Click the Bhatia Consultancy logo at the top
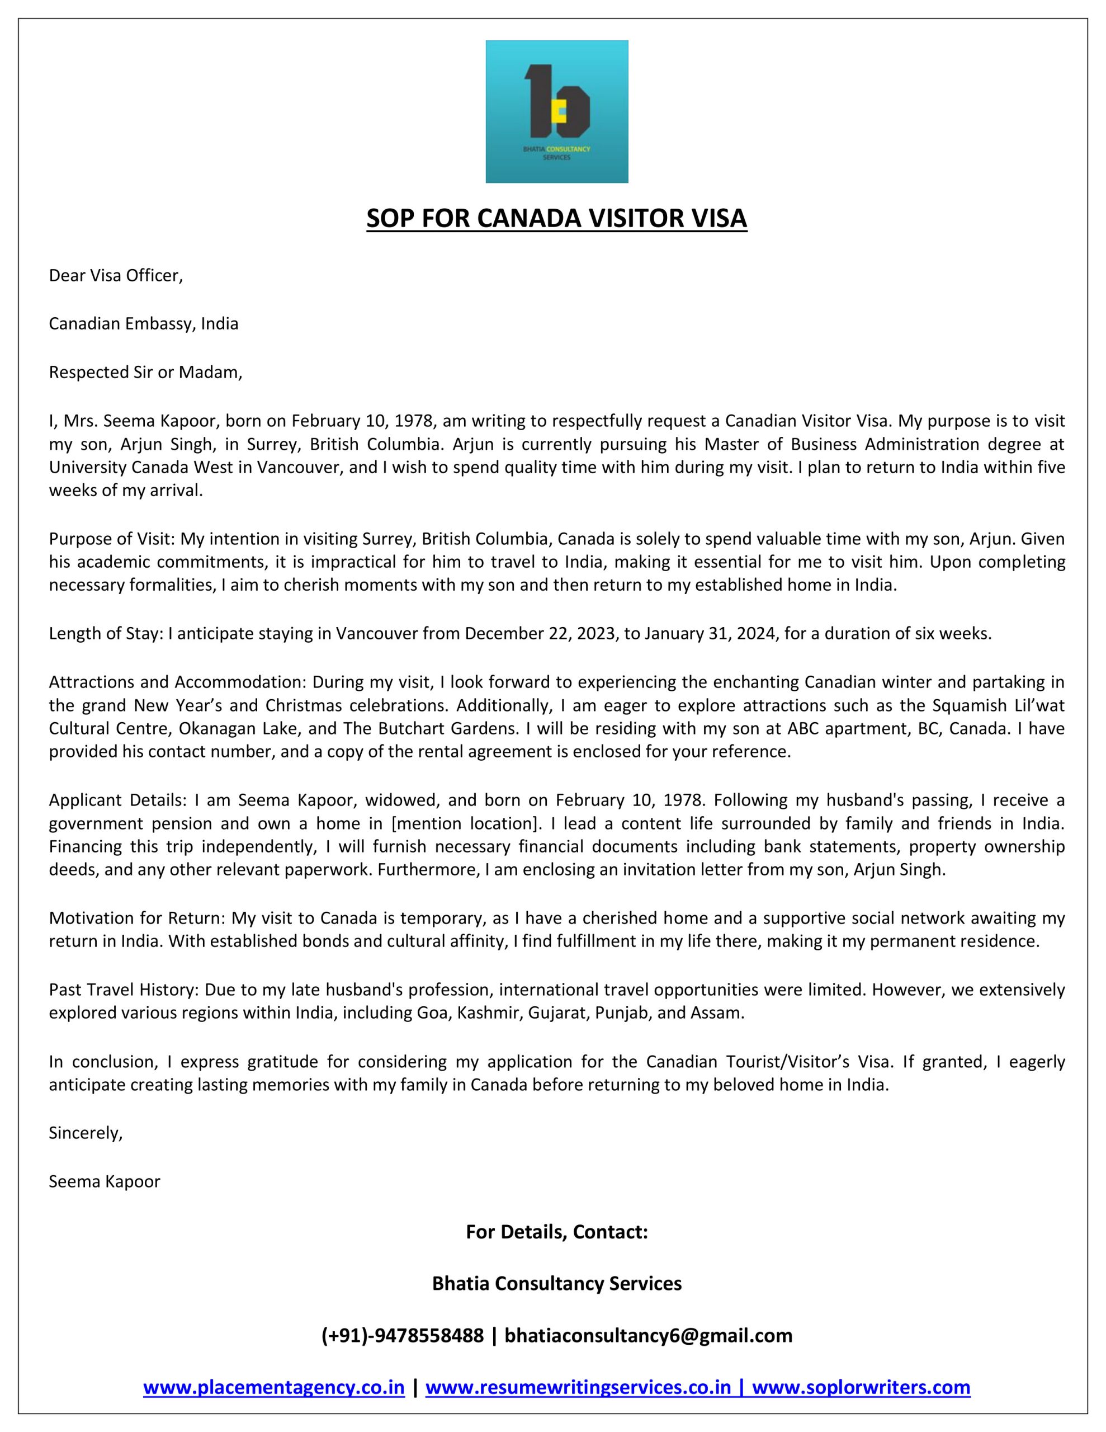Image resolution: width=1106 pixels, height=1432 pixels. [556, 111]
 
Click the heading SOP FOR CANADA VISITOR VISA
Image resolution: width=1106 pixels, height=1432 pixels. [556, 218]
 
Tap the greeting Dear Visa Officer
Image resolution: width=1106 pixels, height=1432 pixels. [115, 275]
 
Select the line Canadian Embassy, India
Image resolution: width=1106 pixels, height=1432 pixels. [143, 324]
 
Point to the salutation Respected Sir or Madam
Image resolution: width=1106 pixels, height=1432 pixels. [145, 373]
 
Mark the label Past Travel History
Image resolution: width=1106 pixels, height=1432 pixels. [125, 990]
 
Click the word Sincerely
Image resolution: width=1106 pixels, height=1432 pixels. [85, 1132]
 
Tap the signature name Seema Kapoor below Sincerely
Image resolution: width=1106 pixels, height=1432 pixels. [104, 1181]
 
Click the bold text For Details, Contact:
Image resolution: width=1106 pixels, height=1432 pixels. [556, 1232]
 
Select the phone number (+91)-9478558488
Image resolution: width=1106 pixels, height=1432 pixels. [402, 1336]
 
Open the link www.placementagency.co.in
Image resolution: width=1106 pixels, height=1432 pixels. [273, 1387]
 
